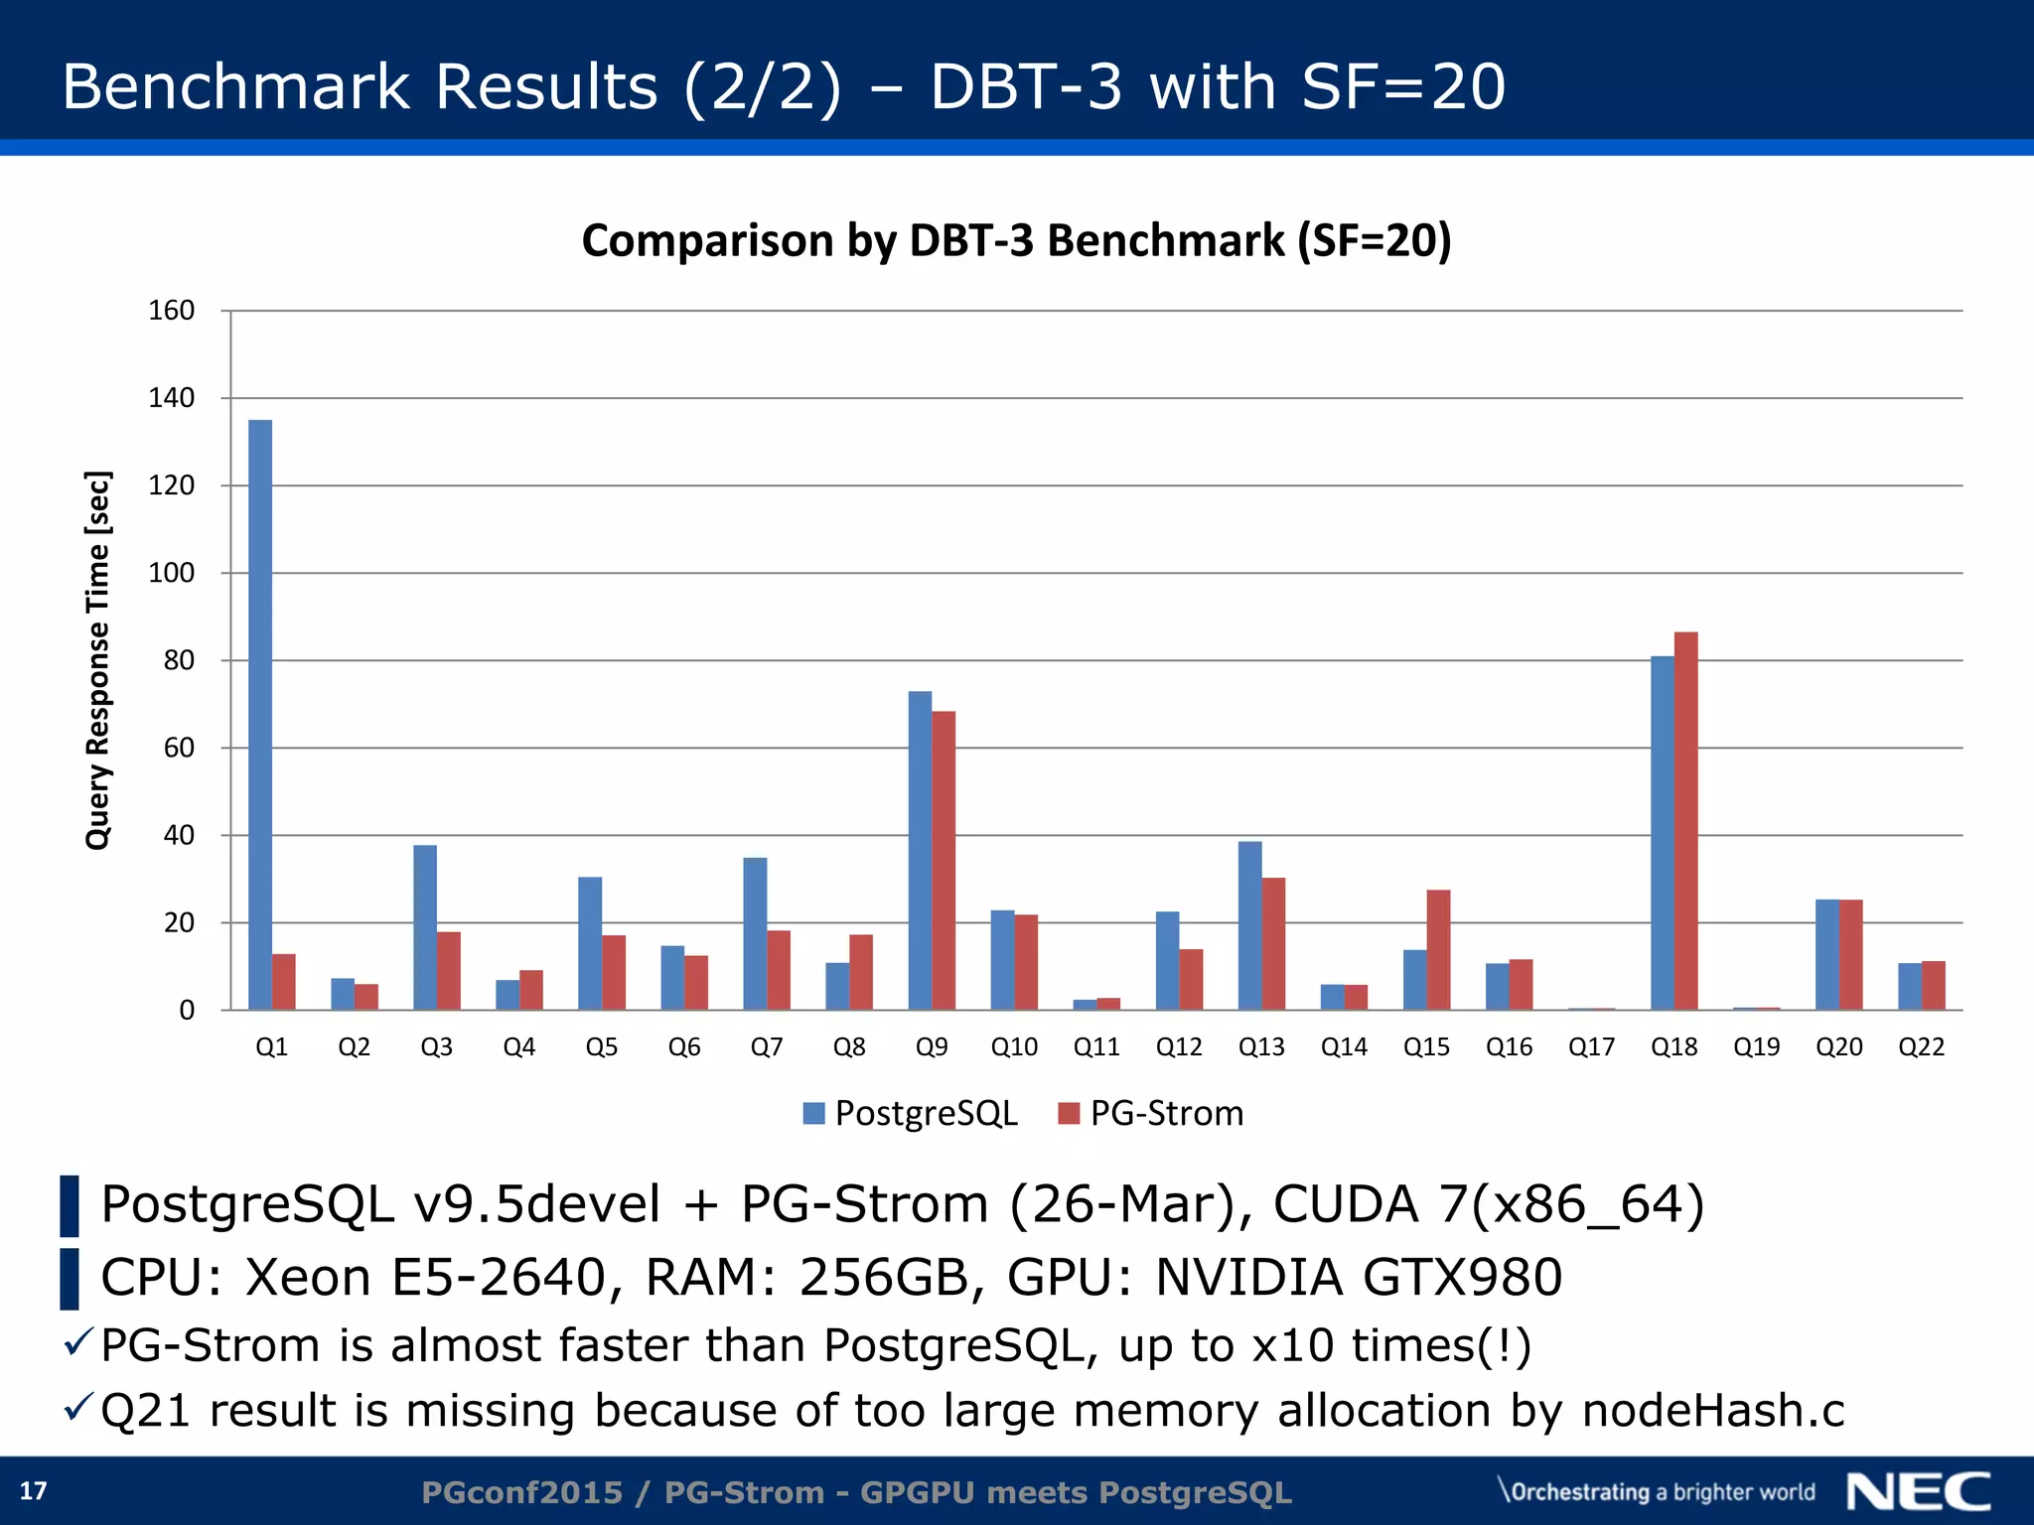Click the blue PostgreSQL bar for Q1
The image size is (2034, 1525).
click(x=260, y=715)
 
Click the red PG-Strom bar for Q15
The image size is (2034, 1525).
click(x=1438, y=950)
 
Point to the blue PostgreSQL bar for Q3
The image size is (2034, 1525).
click(x=425, y=927)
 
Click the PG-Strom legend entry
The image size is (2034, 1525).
click(x=1152, y=1113)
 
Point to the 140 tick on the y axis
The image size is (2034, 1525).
click(x=171, y=398)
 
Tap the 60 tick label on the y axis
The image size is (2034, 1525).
click(x=179, y=748)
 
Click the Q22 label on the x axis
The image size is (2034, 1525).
click(x=1921, y=1047)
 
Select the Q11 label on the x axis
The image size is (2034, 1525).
click(x=1096, y=1047)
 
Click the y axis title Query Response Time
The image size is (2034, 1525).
click(x=97, y=660)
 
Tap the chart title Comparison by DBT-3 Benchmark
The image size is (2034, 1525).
click(x=1016, y=241)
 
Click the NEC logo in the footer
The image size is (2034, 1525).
click(x=1918, y=1491)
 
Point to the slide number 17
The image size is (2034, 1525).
click(x=34, y=1491)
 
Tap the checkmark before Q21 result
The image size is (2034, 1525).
click(x=77, y=1407)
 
